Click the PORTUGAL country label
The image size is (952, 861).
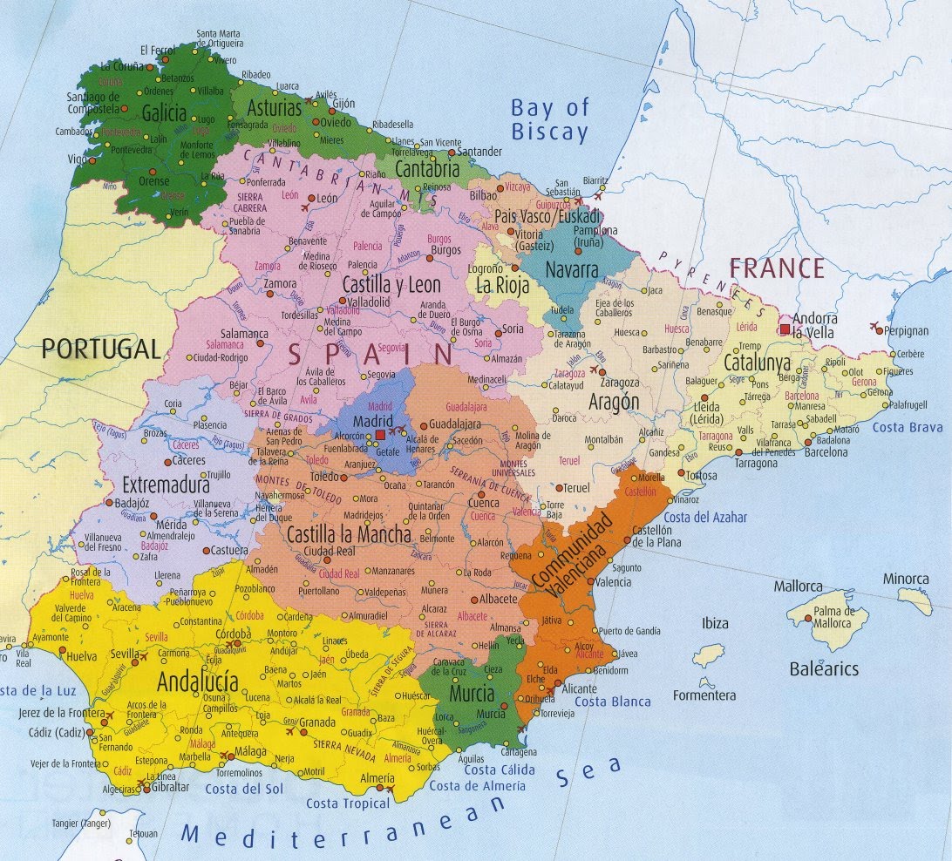pos(101,349)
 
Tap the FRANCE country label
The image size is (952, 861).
pos(776,268)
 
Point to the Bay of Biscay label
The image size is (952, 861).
pos(549,120)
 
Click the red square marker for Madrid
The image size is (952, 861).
pos(380,434)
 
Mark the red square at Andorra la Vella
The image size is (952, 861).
pos(785,329)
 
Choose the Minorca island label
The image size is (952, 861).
pos(906,579)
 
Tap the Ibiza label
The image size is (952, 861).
pos(715,623)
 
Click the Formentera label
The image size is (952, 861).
pos(704,695)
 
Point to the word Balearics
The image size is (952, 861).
pos(824,669)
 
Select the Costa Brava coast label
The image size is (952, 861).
pos(908,427)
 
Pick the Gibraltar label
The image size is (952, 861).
pos(170,787)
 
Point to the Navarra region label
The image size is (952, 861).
pos(571,269)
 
